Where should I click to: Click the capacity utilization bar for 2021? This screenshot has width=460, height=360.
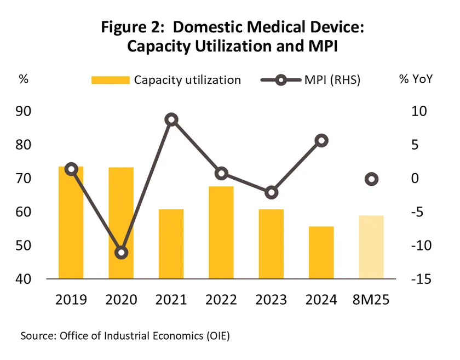click(x=171, y=244)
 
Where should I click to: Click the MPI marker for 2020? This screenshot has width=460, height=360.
click(x=121, y=253)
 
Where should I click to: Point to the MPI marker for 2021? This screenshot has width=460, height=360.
click(x=171, y=120)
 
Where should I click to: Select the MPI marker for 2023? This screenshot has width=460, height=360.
click(x=272, y=192)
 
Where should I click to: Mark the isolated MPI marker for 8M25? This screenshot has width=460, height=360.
click(x=371, y=179)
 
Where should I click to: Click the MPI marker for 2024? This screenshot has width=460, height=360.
click(x=321, y=141)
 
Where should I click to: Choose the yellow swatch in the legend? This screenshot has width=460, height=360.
click(x=110, y=80)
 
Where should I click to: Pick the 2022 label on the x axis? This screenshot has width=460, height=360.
click(x=221, y=300)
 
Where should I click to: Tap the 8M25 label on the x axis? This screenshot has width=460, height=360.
click(x=371, y=300)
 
